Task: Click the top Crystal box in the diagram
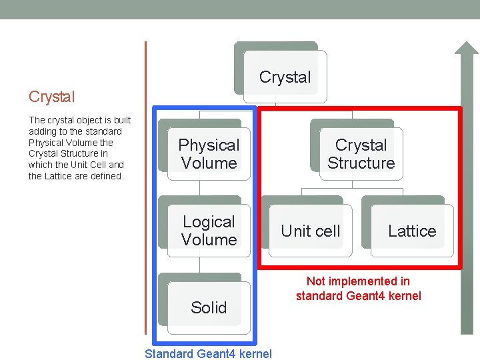285,77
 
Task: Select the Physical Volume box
209,154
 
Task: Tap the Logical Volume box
209,231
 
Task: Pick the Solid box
209,307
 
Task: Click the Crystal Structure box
361,154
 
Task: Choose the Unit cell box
310,231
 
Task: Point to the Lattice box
412,231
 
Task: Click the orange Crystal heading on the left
52,97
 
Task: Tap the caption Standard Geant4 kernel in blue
208,353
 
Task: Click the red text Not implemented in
358,281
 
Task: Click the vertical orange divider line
145,187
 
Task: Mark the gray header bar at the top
240,9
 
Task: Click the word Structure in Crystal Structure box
361,163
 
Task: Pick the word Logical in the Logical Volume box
209,222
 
